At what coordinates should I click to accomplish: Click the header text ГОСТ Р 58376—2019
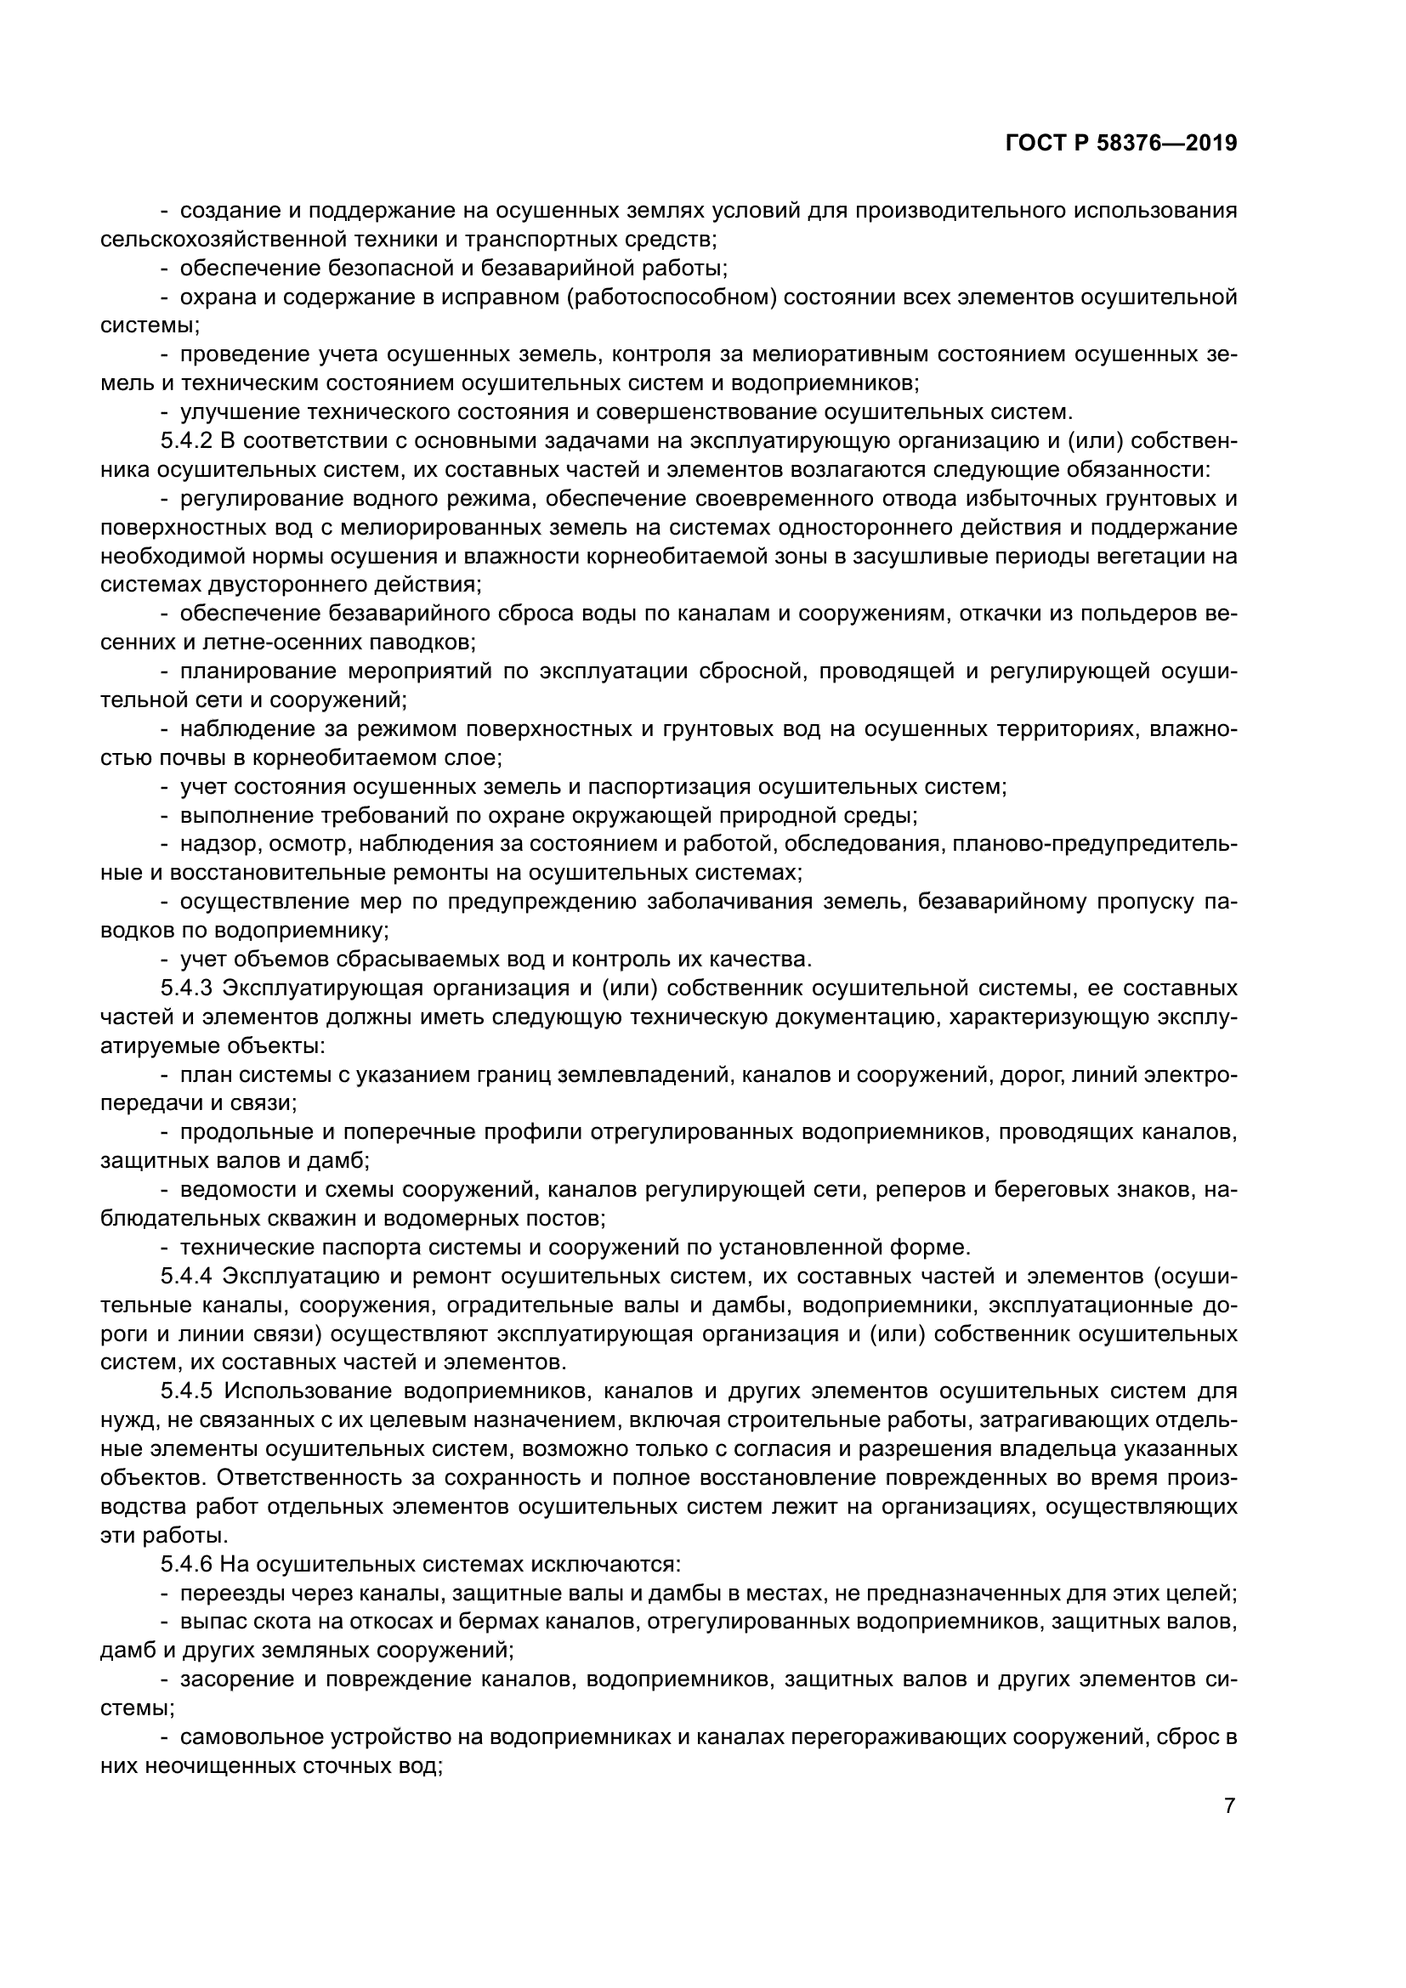pyautogui.click(x=1121, y=144)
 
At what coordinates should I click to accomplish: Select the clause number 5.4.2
pyautogui.click(x=186, y=442)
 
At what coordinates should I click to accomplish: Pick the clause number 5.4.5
pyautogui.click(x=186, y=1391)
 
